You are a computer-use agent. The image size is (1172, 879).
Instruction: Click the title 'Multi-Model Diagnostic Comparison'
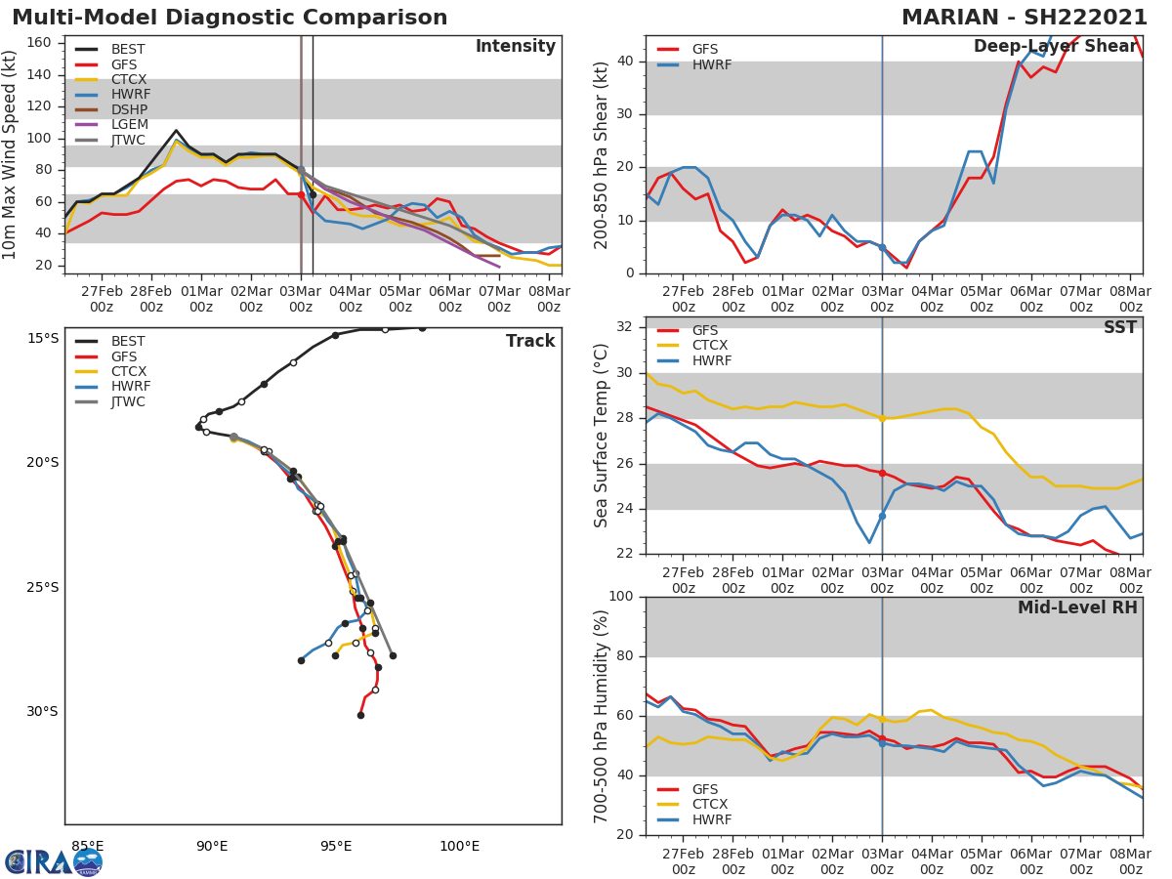(230, 18)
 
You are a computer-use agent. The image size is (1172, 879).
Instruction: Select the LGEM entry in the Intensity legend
(129, 124)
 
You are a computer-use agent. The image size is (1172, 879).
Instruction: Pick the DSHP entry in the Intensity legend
(129, 109)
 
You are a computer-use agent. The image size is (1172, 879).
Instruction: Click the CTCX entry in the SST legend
(711, 345)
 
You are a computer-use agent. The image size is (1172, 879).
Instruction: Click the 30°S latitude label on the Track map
(42, 712)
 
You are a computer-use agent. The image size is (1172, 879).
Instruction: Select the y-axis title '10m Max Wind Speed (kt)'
(11, 154)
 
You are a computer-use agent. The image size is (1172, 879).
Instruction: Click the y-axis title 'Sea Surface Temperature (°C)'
(602, 435)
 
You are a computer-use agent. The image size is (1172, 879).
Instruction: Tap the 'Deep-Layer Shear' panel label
(1055, 47)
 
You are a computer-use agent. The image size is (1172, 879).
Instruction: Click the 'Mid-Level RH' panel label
(1077, 607)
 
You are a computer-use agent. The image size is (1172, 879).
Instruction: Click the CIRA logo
(54, 861)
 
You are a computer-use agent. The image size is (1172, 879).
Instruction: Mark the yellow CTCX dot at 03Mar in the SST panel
(882, 418)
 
